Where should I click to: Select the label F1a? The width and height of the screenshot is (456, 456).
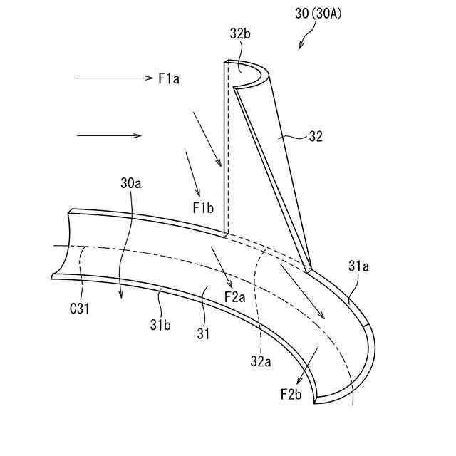tap(169, 78)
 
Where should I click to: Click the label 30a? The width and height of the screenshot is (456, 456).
tap(131, 183)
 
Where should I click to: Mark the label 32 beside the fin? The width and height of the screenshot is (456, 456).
tap(314, 137)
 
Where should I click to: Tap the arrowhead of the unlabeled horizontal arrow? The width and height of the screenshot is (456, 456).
tap(138, 135)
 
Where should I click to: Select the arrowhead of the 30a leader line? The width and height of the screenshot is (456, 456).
tap(121, 297)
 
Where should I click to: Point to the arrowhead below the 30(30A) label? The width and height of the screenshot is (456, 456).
tap(300, 47)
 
